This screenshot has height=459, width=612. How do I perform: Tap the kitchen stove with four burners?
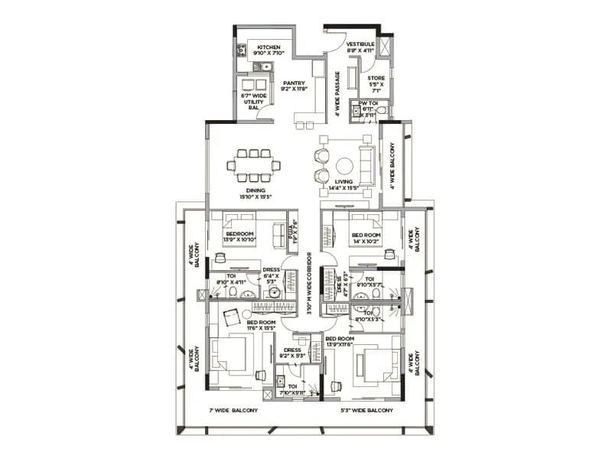point(242,50)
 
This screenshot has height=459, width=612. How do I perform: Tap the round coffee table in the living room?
point(345,165)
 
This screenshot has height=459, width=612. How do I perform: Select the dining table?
point(254,164)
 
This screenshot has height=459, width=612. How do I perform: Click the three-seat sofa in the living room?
point(366,165)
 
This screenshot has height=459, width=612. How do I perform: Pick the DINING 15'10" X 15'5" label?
point(256,194)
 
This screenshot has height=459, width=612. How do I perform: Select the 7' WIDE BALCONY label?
point(233,410)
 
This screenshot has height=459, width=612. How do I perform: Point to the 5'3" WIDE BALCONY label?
point(366,410)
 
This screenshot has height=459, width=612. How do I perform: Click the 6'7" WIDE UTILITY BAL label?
point(253,102)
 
